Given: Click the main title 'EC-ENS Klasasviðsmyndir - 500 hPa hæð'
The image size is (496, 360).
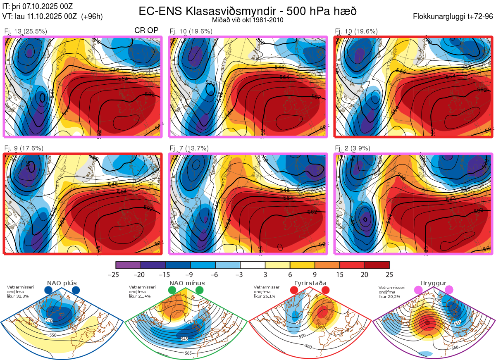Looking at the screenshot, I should tap(248, 11).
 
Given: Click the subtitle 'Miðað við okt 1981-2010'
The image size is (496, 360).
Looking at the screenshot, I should tap(248, 20).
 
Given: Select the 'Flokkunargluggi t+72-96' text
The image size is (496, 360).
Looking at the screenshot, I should tap(453, 17).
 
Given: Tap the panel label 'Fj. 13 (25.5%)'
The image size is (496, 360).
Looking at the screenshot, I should tap(25, 31).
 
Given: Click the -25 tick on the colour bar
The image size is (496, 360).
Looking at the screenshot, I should tap(116, 274).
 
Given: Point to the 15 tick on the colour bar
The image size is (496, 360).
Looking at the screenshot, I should tap(339, 274).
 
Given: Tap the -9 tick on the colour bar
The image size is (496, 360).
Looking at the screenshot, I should tap(191, 274).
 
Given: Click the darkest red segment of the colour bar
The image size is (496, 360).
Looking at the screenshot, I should tap(377, 265).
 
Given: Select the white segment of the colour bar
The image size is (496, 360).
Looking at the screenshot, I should tap(253, 265).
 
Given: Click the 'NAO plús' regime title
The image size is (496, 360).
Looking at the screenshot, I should tap(62, 284).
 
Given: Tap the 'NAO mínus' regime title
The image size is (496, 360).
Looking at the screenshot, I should tap(187, 284).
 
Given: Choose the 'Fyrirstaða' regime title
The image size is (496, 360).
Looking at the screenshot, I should tap(310, 284).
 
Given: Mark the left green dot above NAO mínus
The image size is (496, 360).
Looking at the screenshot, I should tap(172, 291).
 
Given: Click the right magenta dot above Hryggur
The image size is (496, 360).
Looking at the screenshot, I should tap(449, 291).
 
